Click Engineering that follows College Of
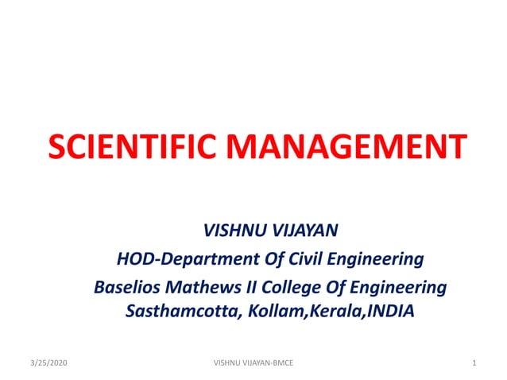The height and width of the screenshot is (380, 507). [395, 287]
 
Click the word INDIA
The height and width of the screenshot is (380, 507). [389, 310]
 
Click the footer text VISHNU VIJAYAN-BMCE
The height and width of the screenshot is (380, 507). [253, 363]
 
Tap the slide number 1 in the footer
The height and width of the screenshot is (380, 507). [473, 363]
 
